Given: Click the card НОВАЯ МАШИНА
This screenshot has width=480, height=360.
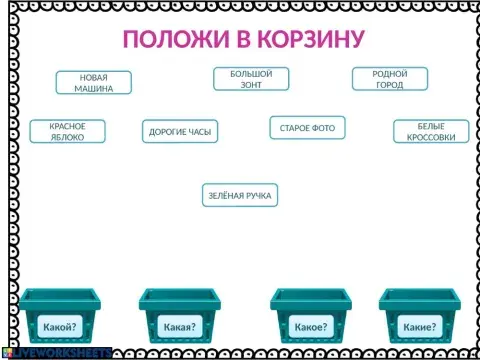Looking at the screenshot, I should pyautogui.click(x=93, y=83).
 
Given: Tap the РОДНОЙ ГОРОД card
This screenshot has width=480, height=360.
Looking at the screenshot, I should pyautogui.click(x=390, y=79).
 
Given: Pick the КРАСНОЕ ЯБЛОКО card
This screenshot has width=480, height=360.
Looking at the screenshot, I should pyautogui.click(x=67, y=131).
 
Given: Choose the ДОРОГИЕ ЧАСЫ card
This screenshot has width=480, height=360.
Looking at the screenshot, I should pyautogui.click(x=180, y=131).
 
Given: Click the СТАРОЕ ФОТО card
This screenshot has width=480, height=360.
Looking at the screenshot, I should pyautogui.click(x=307, y=127).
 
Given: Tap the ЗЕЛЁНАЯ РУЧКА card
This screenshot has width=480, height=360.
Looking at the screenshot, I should pyautogui.click(x=239, y=195).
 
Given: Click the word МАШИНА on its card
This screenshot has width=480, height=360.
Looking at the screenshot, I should pyautogui.click(x=93, y=89).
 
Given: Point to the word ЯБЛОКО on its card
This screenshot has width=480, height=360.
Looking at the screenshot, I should pyautogui.click(x=67, y=137).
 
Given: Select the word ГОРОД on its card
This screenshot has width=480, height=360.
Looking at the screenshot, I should pyautogui.click(x=390, y=85).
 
